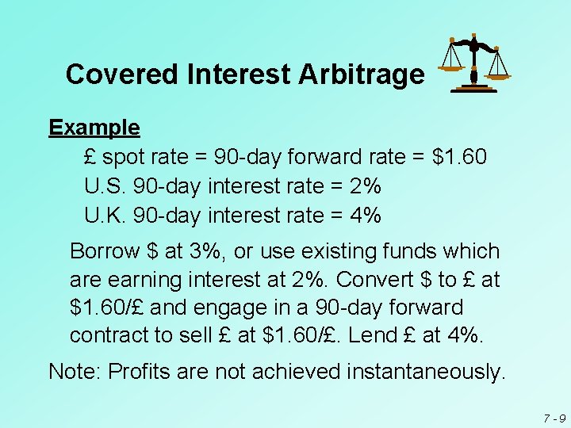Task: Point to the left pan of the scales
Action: point(451,67)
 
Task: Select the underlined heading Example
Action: point(94,127)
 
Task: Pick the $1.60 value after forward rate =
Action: point(460,157)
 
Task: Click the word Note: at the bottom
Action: point(75,371)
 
